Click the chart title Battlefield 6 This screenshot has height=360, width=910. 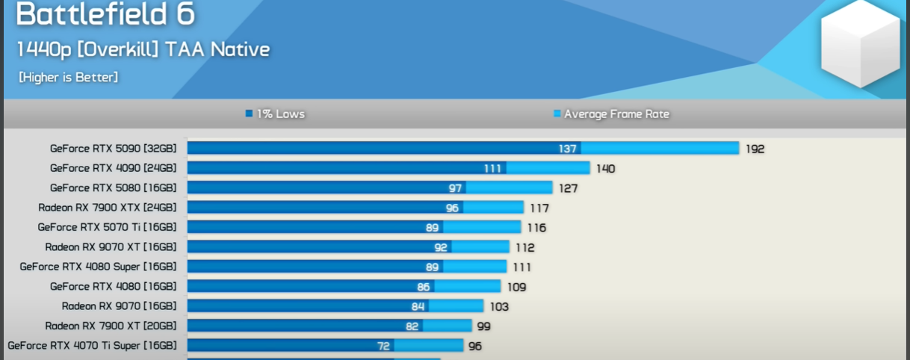105,14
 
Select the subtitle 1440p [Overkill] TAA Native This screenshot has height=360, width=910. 143,50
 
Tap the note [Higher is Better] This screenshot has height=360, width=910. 68,77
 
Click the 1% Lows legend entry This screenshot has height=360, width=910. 275,114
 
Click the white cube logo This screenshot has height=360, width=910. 860,46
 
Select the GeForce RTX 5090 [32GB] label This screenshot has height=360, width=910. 113,148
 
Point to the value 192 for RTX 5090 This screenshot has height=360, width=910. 755,149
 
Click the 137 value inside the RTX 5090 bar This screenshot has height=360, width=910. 568,149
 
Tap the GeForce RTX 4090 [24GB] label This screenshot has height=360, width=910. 113,168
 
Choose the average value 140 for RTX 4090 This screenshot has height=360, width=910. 605,169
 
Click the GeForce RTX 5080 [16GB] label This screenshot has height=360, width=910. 113,187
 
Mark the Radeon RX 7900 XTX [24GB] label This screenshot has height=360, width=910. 107,207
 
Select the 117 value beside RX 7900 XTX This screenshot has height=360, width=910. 539,208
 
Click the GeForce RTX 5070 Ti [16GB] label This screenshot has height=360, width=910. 107,227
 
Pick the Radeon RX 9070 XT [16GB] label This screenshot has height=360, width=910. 111,246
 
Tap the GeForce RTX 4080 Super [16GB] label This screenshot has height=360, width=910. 98,266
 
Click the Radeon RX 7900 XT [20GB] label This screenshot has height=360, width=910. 111,326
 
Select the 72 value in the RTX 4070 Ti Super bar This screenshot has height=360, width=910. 383,346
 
